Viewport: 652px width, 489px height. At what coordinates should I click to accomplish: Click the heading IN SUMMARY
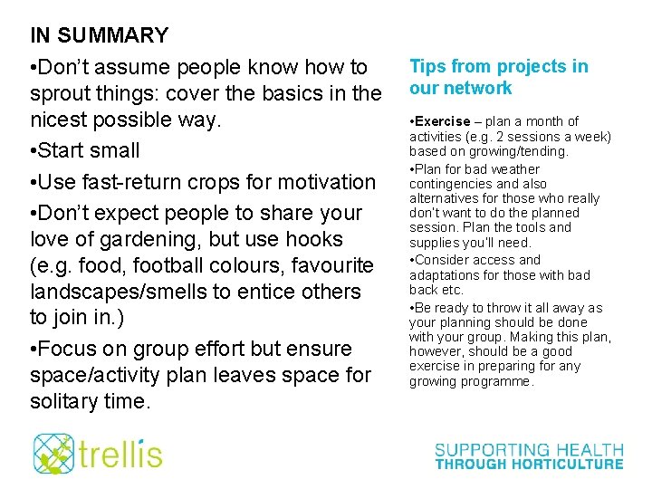pyautogui.click(x=100, y=36)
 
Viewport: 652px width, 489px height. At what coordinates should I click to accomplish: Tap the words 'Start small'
pyautogui.click(x=91, y=150)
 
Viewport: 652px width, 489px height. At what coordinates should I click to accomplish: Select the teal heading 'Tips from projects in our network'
pyautogui.click(x=498, y=77)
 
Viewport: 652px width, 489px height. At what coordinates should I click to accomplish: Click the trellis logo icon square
pyautogui.click(x=53, y=454)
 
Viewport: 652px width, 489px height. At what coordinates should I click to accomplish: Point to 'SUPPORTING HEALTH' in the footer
pyautogui.click(x=529, y=449)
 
